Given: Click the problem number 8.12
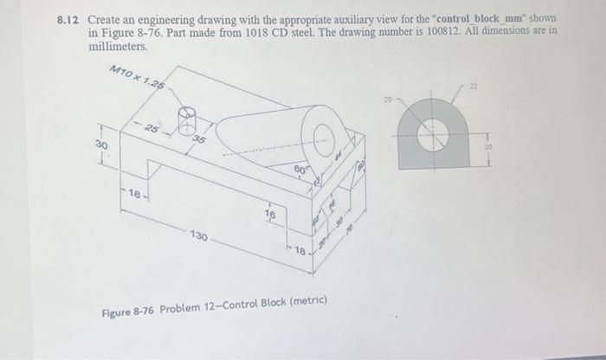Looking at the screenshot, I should point(70,18).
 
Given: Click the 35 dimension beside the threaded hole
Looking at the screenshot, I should point(200,140).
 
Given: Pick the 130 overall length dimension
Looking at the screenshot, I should point(199,235).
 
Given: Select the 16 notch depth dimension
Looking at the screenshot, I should point(269,213).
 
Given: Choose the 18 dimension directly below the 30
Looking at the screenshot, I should point(134,196).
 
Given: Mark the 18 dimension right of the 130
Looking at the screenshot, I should point(299,251).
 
